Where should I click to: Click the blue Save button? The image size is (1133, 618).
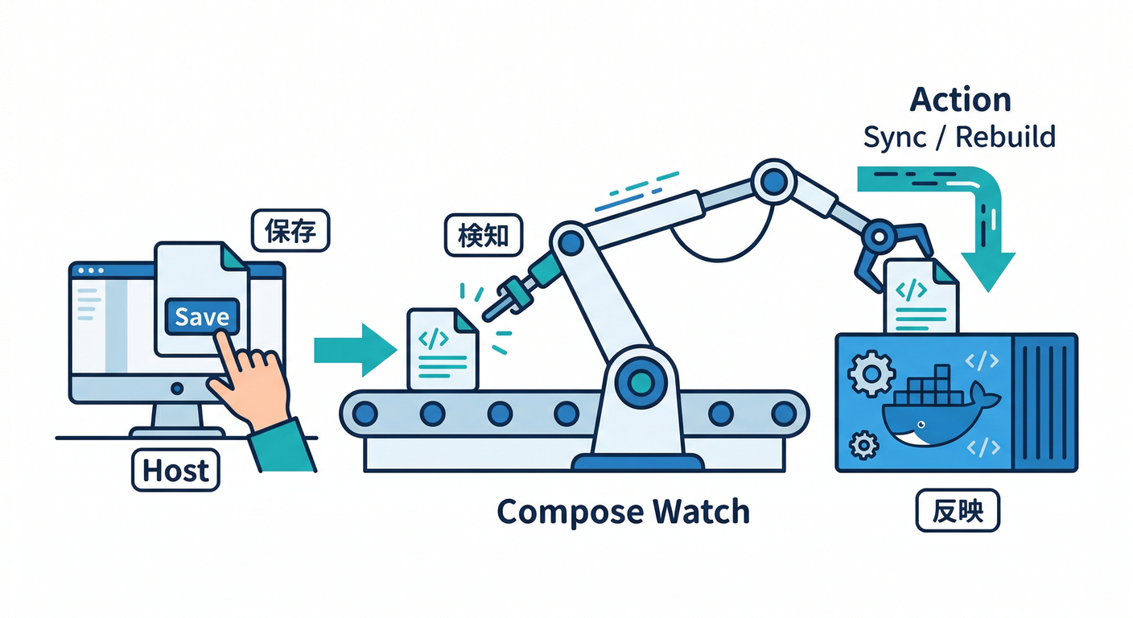(x=202, y=316)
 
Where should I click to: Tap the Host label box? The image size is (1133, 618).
(x=175, y=471)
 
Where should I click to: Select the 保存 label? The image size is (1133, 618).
(x=290, y=230)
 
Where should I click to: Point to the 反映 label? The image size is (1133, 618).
(x=958, y=511)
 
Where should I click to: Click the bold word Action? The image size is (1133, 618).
(x=960, y=101)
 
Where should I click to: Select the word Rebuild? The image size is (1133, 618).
(x=1006, y=137)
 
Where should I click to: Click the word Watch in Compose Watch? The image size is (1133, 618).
(x=700, y=512)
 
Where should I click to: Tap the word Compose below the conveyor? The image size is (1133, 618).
(x=569, y=512)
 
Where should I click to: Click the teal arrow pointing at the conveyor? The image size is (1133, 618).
(x=354, y=349)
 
